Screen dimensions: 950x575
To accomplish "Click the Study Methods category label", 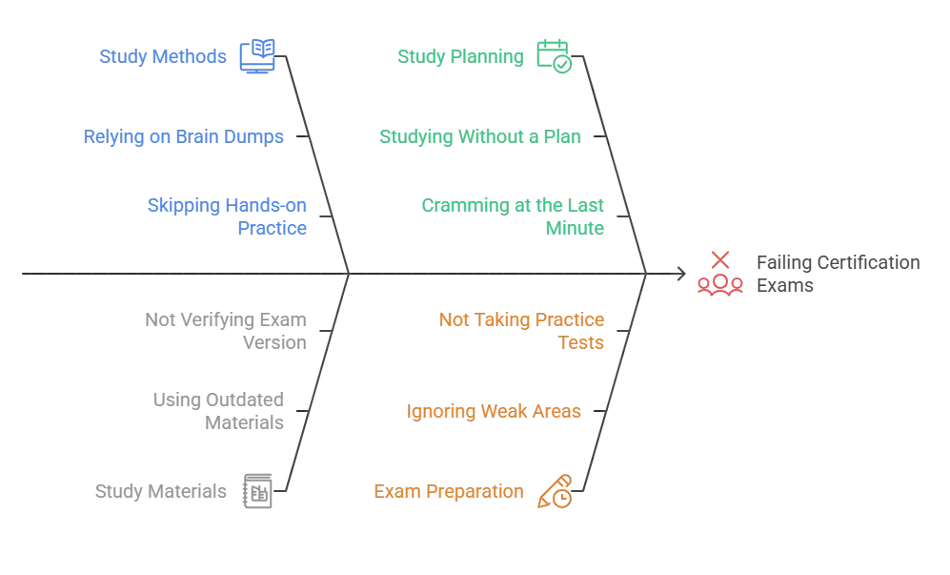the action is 162,56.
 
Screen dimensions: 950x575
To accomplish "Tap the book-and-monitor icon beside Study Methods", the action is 257,56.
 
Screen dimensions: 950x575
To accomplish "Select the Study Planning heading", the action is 460,56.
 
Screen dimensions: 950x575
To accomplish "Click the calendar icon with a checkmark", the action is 554,56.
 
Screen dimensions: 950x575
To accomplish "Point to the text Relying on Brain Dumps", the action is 184,136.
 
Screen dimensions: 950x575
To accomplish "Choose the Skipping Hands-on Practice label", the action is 227,216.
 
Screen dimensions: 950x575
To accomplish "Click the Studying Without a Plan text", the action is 480,136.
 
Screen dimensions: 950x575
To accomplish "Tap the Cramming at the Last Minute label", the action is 513,216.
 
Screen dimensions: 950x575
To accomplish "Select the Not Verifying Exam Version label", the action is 226,331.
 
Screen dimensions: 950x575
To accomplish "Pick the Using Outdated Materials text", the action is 218,411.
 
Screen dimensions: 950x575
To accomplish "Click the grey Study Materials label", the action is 160,491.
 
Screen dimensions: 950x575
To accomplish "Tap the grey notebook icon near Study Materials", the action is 257,491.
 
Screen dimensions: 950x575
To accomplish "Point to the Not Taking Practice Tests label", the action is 521,331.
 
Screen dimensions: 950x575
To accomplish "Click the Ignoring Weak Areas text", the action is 494,411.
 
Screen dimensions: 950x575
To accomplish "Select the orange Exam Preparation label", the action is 449,491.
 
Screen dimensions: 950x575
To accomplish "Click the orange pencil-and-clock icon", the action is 555,491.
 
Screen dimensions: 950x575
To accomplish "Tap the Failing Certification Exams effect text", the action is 838,274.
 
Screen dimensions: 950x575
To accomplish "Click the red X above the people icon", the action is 720,259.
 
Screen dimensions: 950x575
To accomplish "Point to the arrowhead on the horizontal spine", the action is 682,274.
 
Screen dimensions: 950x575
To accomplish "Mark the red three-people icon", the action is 720,284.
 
